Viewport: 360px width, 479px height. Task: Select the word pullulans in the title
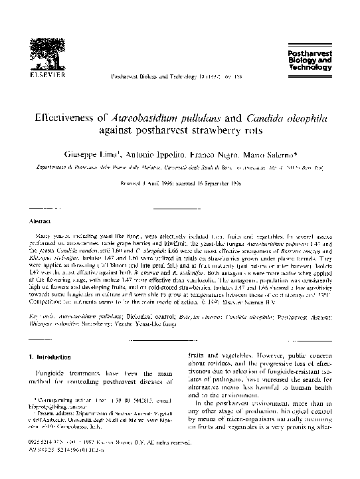tap(201, 116)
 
